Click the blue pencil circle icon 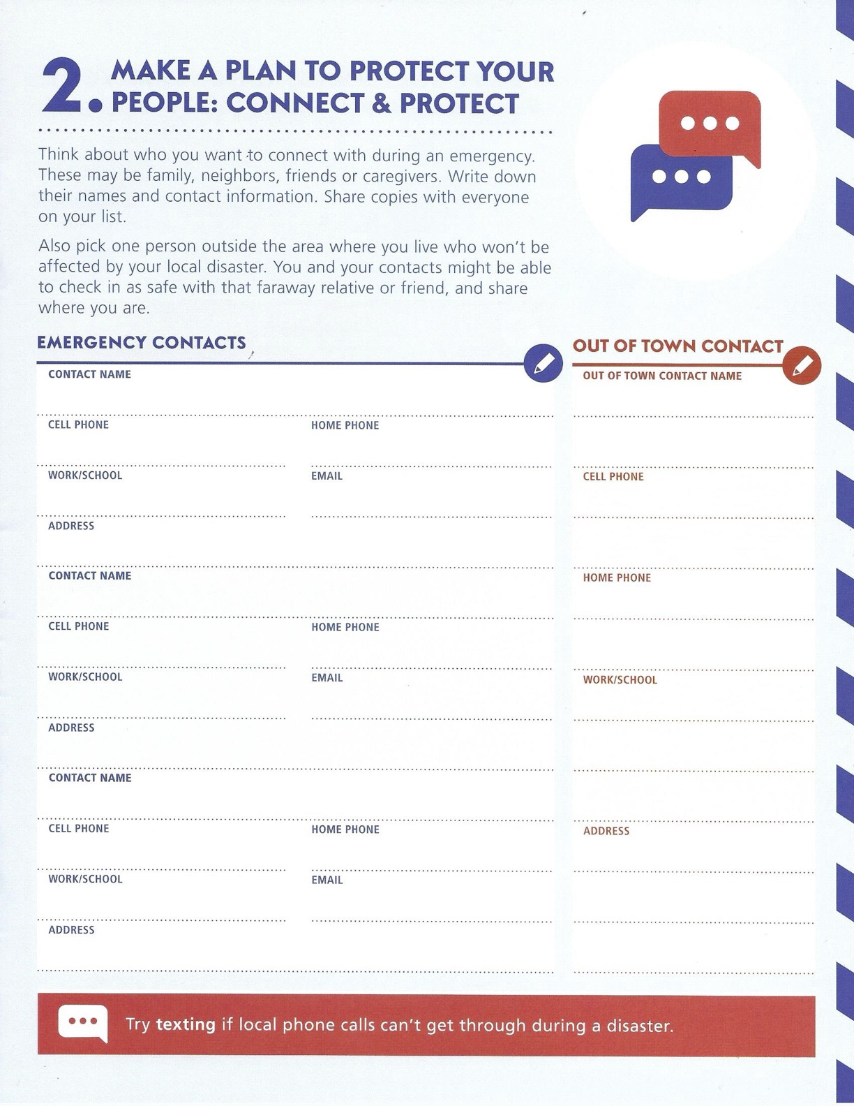point(543,363)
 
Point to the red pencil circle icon point(802,364)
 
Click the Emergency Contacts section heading point(141,343)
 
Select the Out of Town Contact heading point(677,346)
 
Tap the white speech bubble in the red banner point(83,1023)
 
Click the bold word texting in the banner point(186,1025)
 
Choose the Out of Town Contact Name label point(662,376)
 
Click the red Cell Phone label point(613,476)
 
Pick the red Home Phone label point(617,577)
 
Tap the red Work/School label point(620,679)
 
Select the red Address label point(606,831)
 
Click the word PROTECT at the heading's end point(459,103)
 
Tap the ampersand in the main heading point(381,103)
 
